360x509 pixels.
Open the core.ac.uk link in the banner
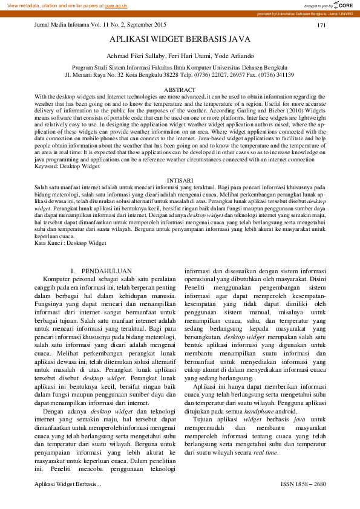(116, 5)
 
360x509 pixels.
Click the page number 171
(321, 25)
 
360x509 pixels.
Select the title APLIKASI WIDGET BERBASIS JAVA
(179, 39)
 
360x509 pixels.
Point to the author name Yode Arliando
(232, 56)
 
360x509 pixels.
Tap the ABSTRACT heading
(180, 89)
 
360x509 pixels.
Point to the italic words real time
(266, 452)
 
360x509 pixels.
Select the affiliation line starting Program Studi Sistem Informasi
(180, 68)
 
